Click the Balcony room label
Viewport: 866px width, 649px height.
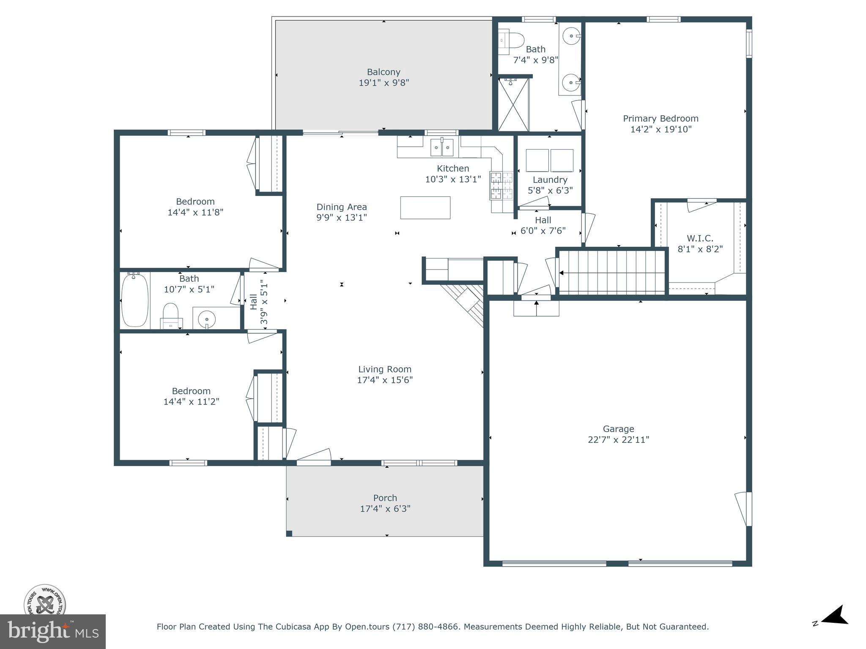tap(384, 72)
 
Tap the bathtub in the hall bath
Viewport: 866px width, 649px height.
tap(135, 300)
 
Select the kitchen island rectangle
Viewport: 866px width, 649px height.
tap(425, 207)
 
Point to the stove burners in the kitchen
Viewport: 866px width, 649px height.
tap(501, 185)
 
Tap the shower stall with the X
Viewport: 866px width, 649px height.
tap(513, 104)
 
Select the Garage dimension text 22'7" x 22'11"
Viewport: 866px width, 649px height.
tap(618, 440)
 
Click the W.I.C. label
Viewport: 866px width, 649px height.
tap(700, 238)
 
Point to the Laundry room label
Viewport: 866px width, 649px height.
tap(550, 180)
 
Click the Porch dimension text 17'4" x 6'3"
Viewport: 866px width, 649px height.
tap(385, 509)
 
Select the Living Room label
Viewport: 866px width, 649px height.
tap(385, 369)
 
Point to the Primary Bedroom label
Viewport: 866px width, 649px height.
tap(660, 119)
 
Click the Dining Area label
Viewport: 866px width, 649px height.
tap(342, 207)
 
